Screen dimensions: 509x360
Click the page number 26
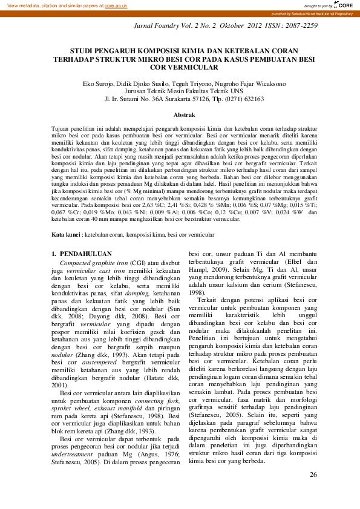[x=313, y=475]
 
